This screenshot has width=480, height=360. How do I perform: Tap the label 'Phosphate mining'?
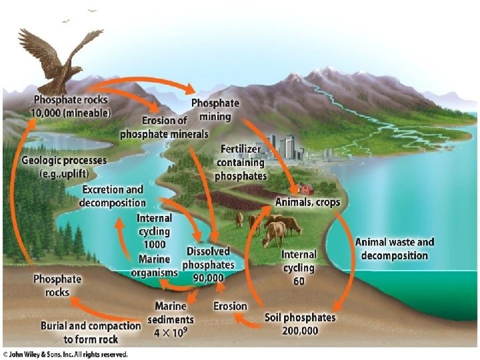[215, 110]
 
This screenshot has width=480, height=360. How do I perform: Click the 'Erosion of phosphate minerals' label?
[164, 127]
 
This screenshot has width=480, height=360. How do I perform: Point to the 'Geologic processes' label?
[64, 165]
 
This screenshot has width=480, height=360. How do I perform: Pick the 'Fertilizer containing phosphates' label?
[241, 163]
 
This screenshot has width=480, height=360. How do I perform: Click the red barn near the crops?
[307, 189]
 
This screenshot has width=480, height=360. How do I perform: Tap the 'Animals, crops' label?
[307, 201]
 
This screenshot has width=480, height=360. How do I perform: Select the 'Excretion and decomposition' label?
[112, 196]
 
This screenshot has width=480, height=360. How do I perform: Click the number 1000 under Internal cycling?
[155, 243]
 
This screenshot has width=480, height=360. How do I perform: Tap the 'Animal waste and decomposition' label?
[394, 248]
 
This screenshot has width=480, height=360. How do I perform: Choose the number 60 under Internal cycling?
[298, 280]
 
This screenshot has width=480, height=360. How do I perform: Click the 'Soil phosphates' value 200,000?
[299, 330]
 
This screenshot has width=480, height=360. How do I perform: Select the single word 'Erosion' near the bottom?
[230, 306]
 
